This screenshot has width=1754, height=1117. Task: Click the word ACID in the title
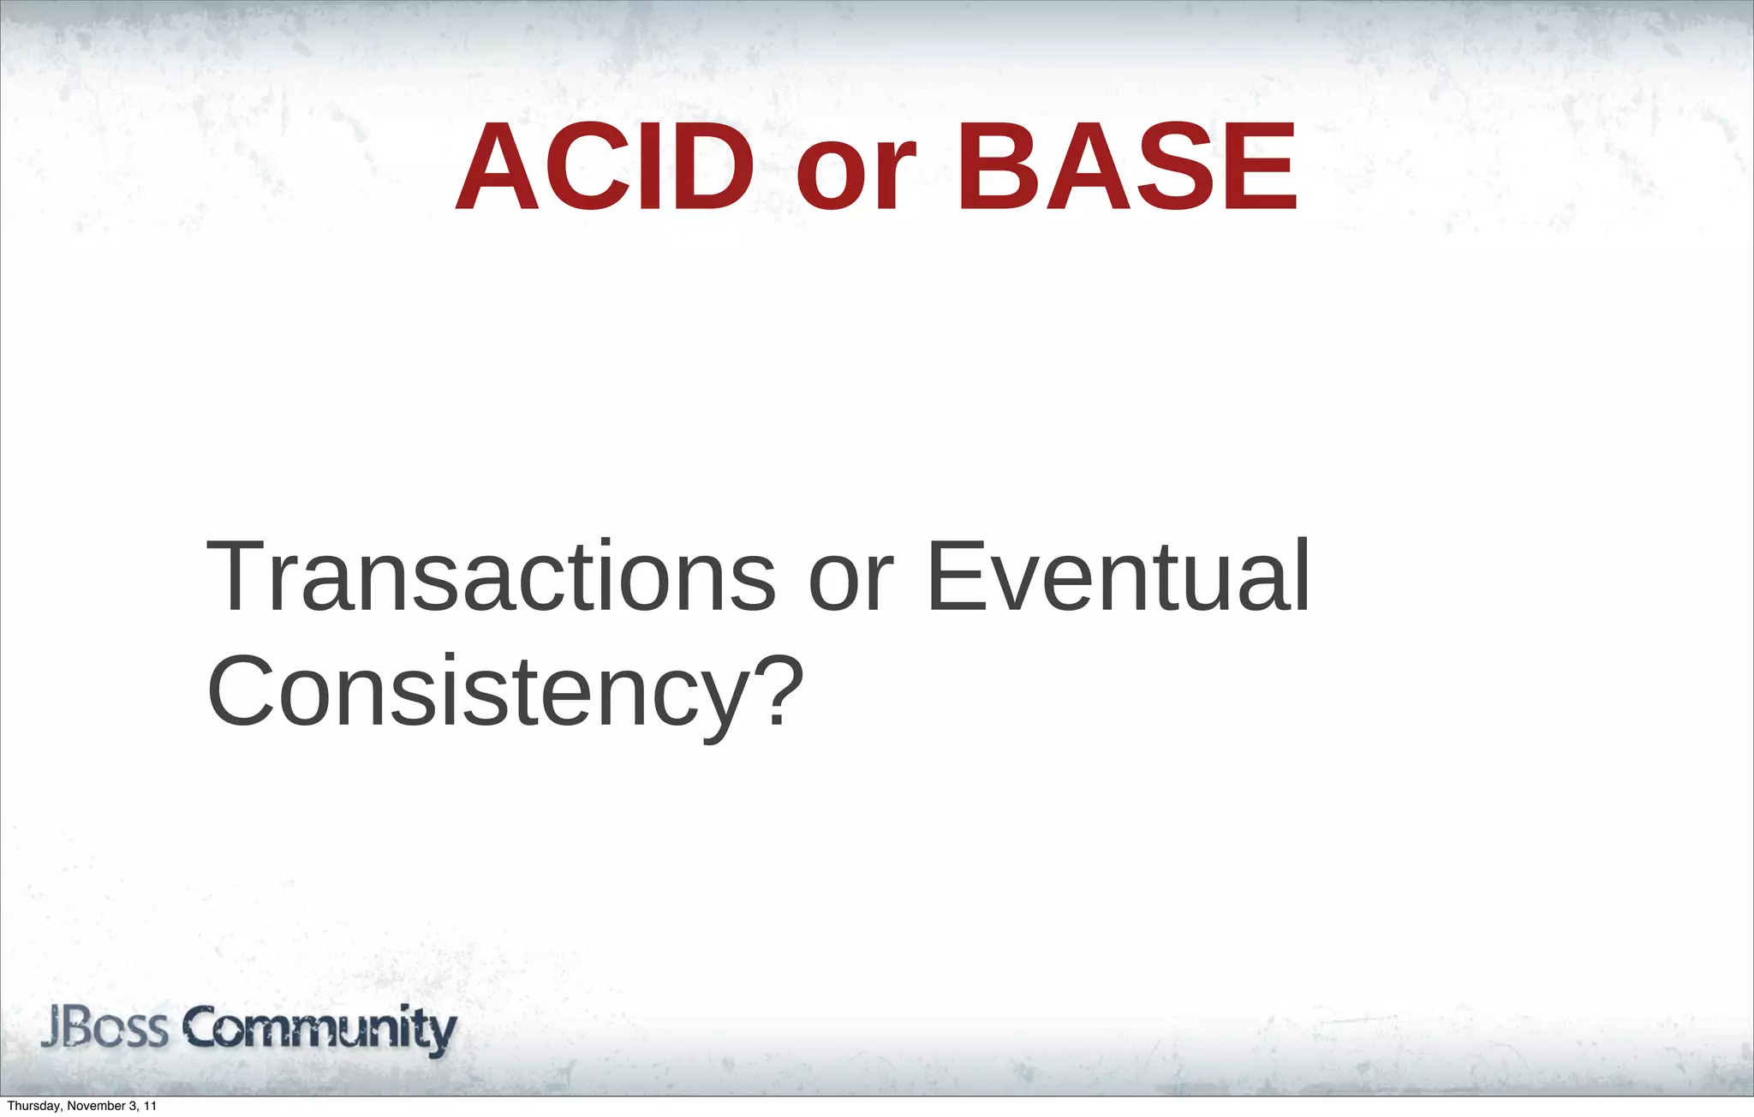[605, 167]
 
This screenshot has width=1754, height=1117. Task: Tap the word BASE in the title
[1127, 167]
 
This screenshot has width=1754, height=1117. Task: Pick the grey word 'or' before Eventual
[850, 587]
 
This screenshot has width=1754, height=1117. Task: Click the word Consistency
[475, 692]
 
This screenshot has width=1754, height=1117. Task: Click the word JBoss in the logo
[104, 1029]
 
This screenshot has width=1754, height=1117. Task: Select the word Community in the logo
[320, 1030]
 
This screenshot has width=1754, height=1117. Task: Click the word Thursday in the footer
[33, 1107]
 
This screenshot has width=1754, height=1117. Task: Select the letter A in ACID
[498, 167]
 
